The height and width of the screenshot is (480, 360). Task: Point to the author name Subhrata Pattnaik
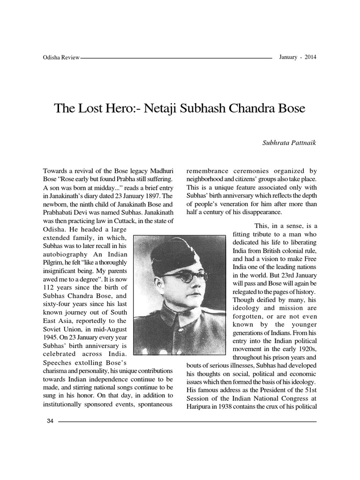click(x=290, y=143)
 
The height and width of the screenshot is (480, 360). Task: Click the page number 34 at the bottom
click(x=50, y=420)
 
